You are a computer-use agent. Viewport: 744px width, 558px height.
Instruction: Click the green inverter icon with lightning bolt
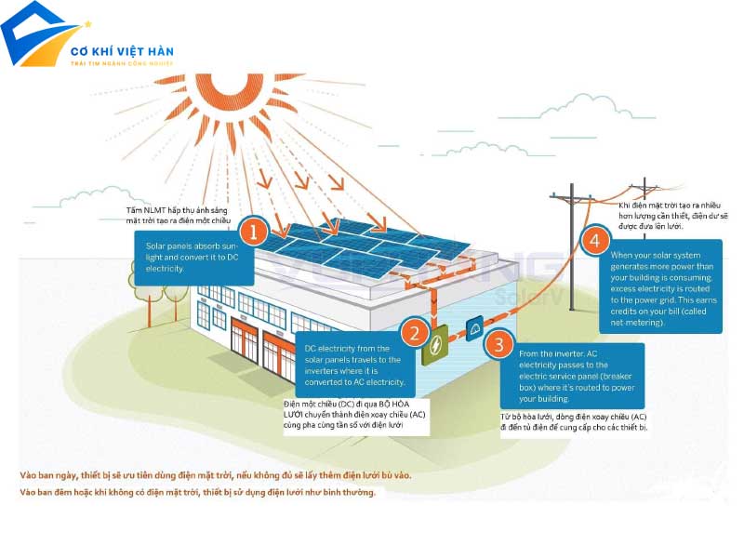pyautogui.click(x=434, y=350)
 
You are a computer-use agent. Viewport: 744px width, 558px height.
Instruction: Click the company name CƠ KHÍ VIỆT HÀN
pyautogui.click(x=123, y=51)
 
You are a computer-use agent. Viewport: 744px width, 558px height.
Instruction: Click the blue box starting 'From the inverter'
pyautogui.click(x=578, y=376)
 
